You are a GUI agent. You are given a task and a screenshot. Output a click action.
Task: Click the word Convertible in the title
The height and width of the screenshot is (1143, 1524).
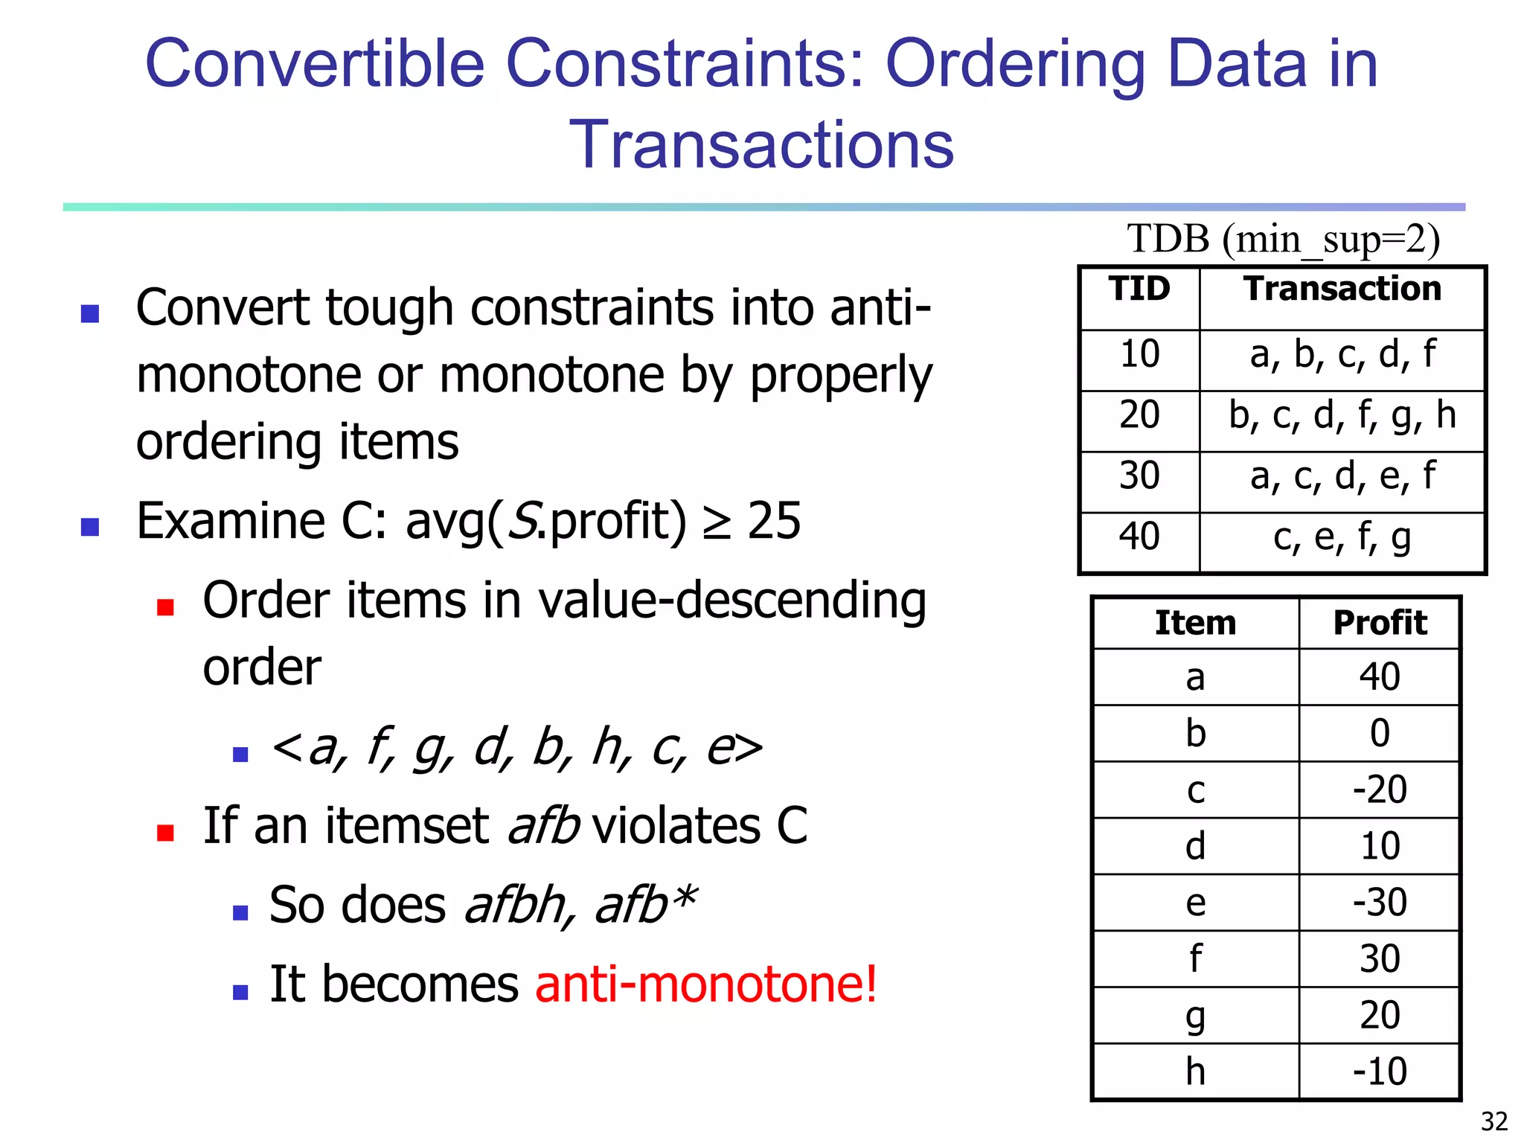(314, 64)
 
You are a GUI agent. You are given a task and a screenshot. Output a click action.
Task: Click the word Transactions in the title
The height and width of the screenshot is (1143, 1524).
(761, 144)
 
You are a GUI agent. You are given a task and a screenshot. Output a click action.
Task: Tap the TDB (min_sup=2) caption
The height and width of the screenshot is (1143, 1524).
(1283, 240)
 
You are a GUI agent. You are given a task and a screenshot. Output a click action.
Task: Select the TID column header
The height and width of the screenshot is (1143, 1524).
(1139, 289)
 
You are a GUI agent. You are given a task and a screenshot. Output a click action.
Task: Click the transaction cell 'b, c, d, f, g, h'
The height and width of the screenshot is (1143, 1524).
(1342, 415)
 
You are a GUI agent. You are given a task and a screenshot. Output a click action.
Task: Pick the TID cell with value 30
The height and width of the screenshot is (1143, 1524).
(1139, 476)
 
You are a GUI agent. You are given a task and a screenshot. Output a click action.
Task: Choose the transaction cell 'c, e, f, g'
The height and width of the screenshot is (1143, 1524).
(1342, 537)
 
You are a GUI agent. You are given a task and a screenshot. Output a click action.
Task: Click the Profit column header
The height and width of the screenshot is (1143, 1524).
(1380, 624)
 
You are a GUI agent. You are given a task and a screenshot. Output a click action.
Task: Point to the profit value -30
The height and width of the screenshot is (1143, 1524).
(1380, 903)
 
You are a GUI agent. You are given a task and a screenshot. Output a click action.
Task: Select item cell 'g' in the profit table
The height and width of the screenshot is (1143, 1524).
(1195, 1016)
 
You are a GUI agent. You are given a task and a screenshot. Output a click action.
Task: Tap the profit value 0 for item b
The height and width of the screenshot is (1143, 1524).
(1380, 734)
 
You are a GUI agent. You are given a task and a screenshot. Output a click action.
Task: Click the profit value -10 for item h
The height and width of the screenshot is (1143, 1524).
(1380, 1072)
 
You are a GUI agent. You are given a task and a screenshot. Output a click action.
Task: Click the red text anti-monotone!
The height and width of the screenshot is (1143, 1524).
(705, 984)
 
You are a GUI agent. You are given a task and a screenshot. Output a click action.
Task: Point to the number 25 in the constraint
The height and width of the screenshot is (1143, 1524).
(774, 521)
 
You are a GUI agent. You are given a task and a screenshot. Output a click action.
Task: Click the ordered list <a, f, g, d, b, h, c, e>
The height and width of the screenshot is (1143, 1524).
(516, 748)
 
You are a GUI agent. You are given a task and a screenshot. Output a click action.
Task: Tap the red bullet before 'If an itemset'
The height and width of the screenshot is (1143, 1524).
(165, 832)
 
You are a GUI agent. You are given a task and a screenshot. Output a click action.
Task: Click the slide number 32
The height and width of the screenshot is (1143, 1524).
(1493, 1121)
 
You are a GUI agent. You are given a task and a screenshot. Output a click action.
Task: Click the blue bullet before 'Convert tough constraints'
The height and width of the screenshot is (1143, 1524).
(90, 313)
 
